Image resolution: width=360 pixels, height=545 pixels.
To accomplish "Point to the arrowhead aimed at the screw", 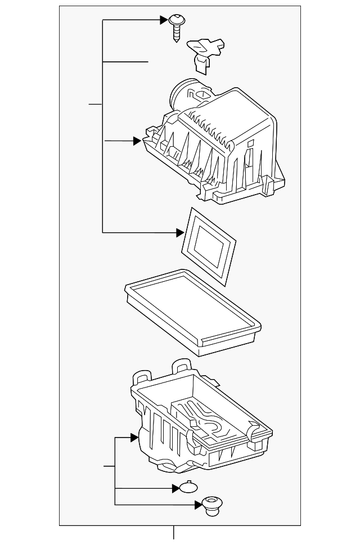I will (164, 21).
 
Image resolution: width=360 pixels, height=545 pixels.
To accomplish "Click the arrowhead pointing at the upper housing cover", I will (137, 141).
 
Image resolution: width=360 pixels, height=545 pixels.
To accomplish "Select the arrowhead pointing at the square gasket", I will (180, 232).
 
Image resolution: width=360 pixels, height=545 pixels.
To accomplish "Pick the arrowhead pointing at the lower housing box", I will (135, 437).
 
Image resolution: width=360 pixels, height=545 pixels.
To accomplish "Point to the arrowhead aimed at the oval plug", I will (176, 488).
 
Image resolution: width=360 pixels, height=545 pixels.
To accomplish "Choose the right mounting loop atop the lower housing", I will (181, 365).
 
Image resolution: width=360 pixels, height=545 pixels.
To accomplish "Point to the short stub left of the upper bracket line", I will (95, 105).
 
